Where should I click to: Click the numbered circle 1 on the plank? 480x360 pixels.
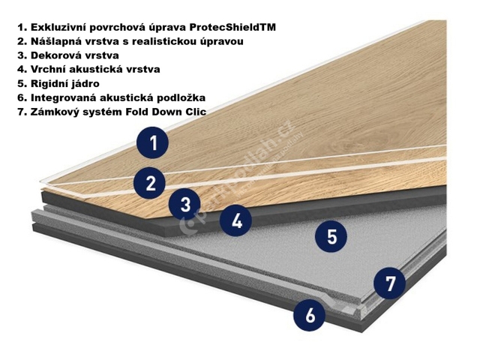tap(152, 142)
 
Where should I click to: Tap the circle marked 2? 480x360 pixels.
tap(150, 183)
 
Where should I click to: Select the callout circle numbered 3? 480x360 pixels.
tap(185, 204)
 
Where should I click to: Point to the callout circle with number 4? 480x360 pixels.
tap(236, 220)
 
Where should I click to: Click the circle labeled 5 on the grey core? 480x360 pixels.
tap(331, 236)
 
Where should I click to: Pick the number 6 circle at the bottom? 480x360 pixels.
tap(310, 315)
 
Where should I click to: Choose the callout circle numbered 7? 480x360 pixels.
tap(390, 283)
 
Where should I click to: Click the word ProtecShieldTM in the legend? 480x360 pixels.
tap(232, 27)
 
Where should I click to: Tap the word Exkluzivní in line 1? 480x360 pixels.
tap(61, 27)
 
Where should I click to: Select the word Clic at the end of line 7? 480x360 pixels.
tap(196, 112)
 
